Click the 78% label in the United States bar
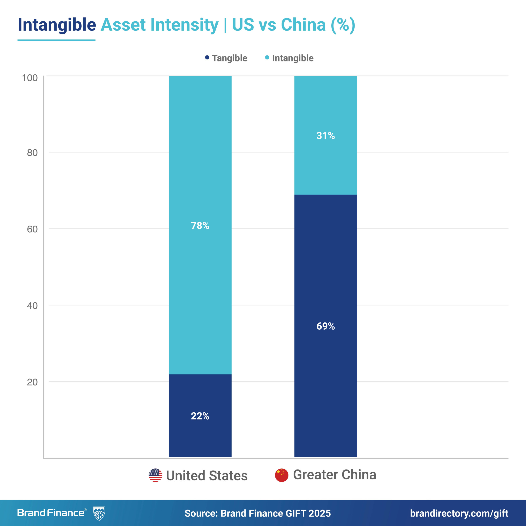(x=200, y=225)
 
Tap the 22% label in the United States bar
(x=200, y=416)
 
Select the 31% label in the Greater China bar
(x=326, y=136)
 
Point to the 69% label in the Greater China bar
(x=326, y=326)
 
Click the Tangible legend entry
(x=226, y=58)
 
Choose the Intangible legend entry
(x=290, y=58)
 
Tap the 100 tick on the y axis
(x=29, y=78)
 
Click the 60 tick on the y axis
(x=32, y=229)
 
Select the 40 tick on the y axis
(x=32, y=306)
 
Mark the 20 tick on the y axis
(x=32, y=382)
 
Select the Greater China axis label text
(x=335, y=475)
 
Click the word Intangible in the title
(x=57, y=25)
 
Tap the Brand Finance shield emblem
(x=99, y=513)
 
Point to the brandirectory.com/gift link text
(x=459, y=513)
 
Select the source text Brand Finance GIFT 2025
(x=276, y=513)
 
